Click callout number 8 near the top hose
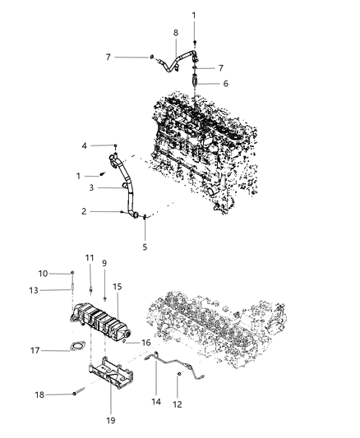(x=175, y=32)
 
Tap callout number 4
(x=107, y=145)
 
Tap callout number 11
(x=90, y=259)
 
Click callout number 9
(x=105, y=264)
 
